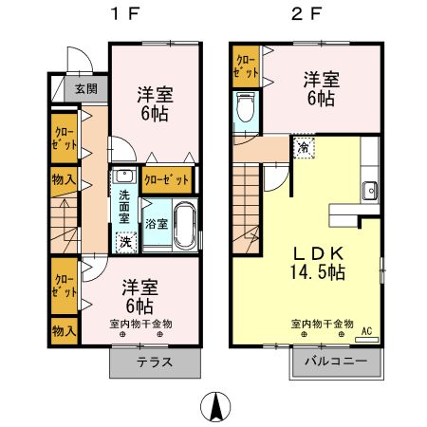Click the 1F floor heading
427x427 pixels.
[119, 16]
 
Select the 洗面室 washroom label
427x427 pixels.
[124, 208]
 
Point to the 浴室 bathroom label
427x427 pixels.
[157, 225]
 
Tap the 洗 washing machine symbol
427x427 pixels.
[125, 241]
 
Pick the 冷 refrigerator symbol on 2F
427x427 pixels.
[303, 148]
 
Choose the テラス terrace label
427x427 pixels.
[156, 362]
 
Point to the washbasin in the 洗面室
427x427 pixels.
[123, 176]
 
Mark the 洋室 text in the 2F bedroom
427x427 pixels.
[321, 78]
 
